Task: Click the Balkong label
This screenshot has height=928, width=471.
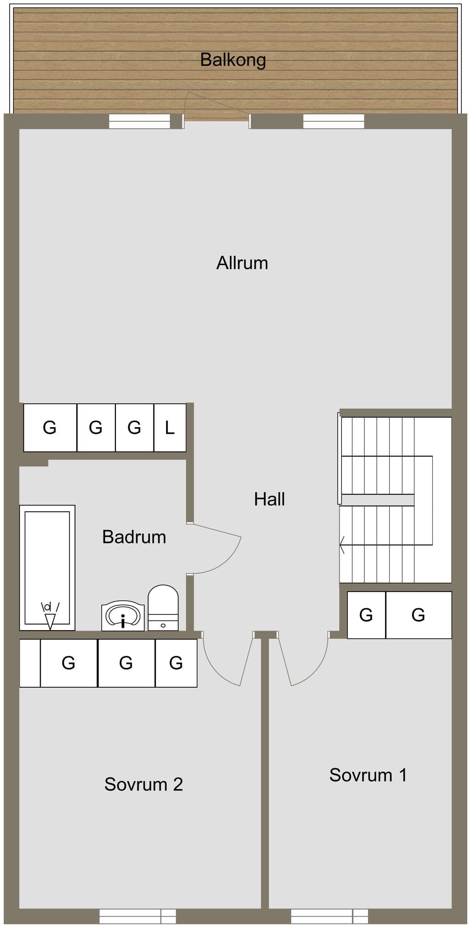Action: (x=233, y=60)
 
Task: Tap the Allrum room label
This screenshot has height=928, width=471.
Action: (x=242, y=263)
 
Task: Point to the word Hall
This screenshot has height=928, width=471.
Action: (x=270, y=499)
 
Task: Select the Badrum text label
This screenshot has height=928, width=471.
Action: (x=134, y=537)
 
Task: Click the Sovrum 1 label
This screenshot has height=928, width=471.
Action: (x=368, y=775)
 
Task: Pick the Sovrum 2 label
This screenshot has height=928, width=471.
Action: (x=144, y=784)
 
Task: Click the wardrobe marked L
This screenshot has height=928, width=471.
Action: (x=170, y=428)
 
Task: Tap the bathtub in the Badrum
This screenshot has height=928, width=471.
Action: (x=47, y=568)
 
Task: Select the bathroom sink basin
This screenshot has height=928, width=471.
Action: (x=123, y=615)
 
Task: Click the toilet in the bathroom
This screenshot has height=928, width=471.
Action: (x=163, y=608)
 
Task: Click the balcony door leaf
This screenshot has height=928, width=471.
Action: (x=216, y=105)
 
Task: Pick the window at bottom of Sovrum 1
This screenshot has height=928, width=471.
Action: (x=329, y=916)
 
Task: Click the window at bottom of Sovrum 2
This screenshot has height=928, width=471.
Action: (x=138, y=916)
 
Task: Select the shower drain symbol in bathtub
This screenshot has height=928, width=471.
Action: (x=50, y=616)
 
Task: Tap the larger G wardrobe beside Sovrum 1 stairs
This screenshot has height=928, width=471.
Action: (x=419, y=615)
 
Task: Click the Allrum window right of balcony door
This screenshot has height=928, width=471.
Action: (x=333, y=122)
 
